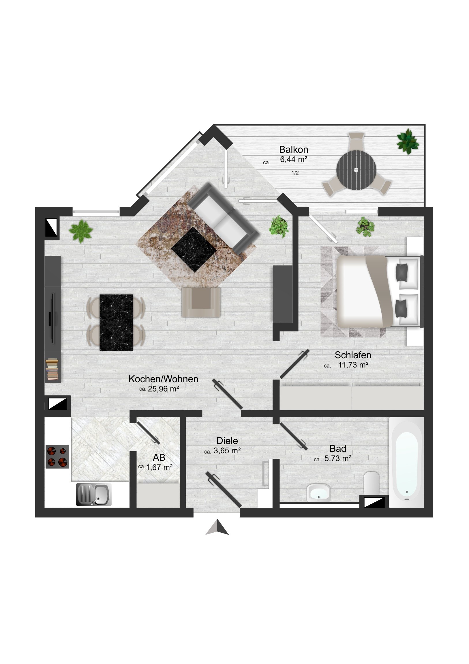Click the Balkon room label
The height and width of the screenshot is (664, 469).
pos(294,149)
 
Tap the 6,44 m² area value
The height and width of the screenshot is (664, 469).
pos(294,159)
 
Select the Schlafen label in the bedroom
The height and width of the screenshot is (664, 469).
pos(353,355)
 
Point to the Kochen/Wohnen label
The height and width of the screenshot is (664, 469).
pos(163,379)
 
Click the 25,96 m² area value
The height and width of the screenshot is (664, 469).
pos(164,389)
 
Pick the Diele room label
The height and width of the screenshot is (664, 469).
pos(227,441)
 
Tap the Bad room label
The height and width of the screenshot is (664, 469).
pos(338,449)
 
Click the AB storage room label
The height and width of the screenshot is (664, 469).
pos(159,457)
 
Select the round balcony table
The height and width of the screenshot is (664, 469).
pos(356,170)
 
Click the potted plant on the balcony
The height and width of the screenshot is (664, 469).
pos(408,141)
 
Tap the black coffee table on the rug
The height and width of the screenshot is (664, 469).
pos(194,250)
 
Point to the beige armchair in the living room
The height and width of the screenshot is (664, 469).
pos(201,302)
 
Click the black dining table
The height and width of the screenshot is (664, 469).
pos(116,323)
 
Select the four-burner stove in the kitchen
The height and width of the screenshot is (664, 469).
pos(57,457)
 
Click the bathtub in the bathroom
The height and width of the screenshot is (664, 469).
pos(406,463)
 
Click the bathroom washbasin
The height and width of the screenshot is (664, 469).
pos(319,493)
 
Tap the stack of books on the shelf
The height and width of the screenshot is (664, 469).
pos(52,369)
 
